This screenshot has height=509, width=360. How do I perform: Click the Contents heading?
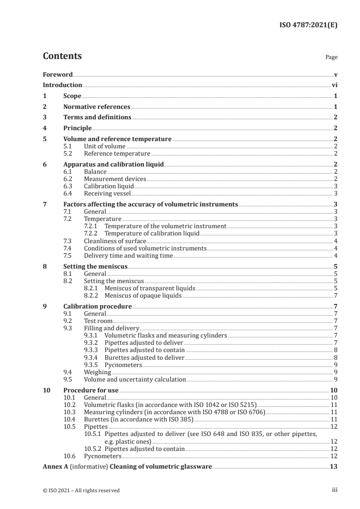[62, 56]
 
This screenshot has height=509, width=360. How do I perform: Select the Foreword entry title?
[58, 74]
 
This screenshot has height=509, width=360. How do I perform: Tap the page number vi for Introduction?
[334, 85]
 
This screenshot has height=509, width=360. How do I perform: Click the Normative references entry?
[97, 107]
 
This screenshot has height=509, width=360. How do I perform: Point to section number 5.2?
[69, 154]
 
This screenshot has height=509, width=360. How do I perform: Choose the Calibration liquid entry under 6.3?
[108, 186]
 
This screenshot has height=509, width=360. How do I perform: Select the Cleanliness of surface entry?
[115, 241]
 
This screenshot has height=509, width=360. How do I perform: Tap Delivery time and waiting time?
[128, 255]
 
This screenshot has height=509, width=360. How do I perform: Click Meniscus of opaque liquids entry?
[143, 296]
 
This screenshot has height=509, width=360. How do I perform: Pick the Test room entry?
[98, 321]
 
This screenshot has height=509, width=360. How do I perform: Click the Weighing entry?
[97, 372]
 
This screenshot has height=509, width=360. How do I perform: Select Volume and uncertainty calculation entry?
[135, 379]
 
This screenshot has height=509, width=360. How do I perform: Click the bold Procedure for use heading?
[91, 390]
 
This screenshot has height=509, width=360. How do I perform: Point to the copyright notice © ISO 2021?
[81, 490]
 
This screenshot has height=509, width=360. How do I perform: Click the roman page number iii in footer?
[335, 490]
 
